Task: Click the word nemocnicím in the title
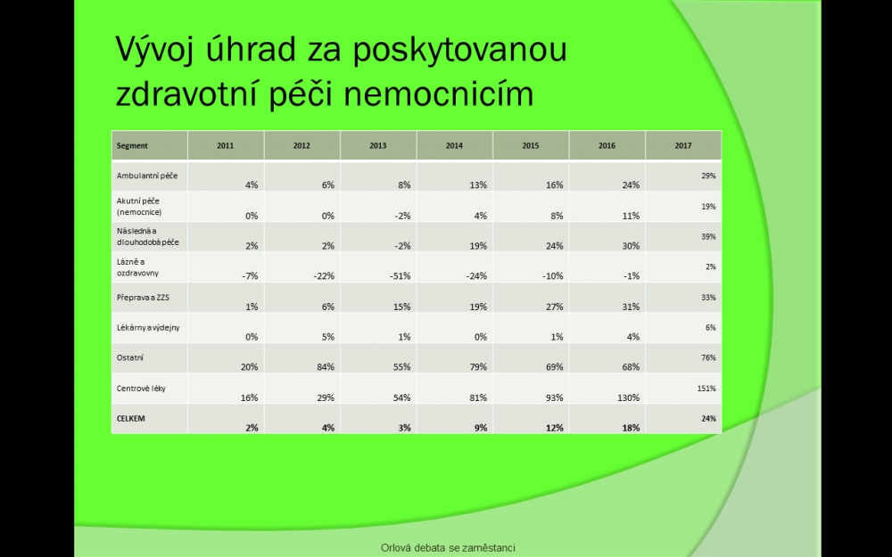pos(439,94)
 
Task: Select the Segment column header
pos(132,145)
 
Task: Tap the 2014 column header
pos(454,145)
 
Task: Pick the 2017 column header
pos(682,145)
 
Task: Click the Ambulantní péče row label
pos(147,176)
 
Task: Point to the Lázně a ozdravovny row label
pos(137,267)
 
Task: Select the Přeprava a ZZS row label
pos(143,298)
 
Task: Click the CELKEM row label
pos(131,418)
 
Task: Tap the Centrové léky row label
pos(141,389)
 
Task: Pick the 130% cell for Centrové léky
pos(629,397)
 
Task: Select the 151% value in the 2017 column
pos(706,389)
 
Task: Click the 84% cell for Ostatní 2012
pos(326,367)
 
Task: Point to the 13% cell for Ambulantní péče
pos(478,184)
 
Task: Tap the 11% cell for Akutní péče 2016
pos(631,216)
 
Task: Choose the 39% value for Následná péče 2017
pos(708,237)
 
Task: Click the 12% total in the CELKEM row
pos(555,428)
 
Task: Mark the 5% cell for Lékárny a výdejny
pos(327,337)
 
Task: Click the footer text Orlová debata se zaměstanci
pos(448,548)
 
